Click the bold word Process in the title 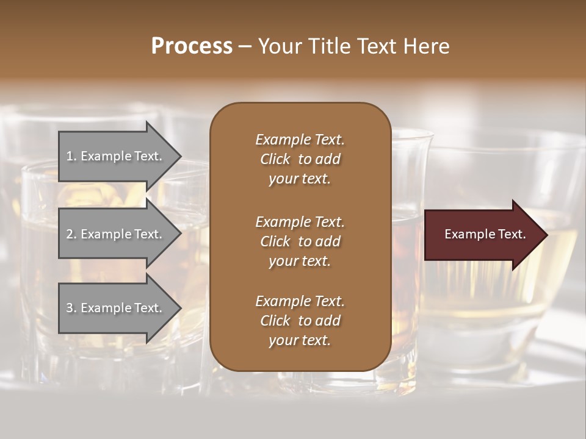click(x=192, y=46)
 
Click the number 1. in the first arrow click(x=71, y=157)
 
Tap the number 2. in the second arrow click(x=71, y=234)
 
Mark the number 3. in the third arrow click(x=71, y=308)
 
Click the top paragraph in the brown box click(x=300, y=159)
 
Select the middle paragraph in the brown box click(x=300, y=241)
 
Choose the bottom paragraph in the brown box click(x=300, y=321)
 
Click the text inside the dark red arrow click(x=485, y=234)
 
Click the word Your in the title click(x=278, y=46)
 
